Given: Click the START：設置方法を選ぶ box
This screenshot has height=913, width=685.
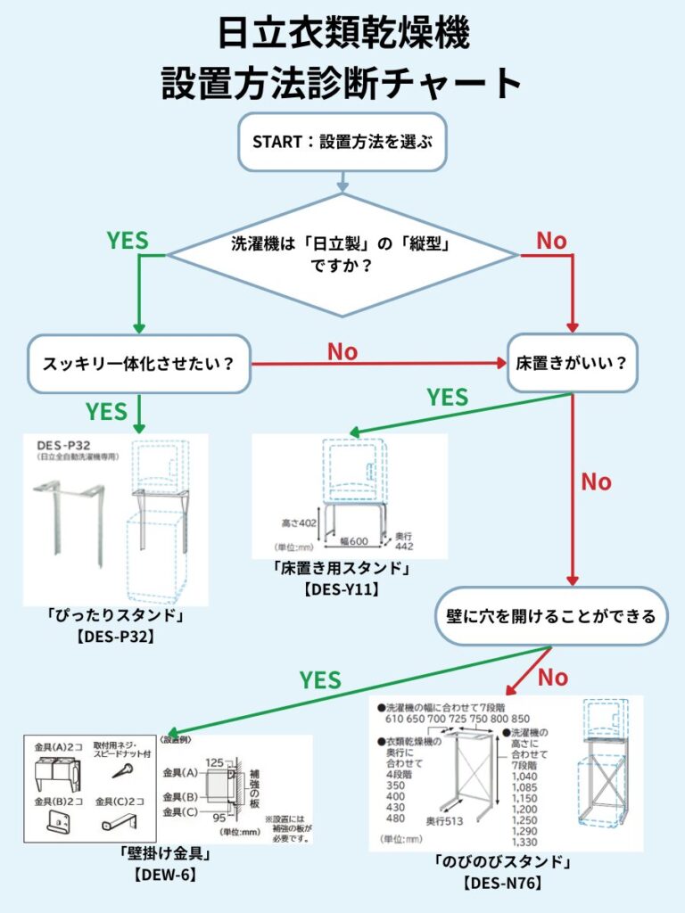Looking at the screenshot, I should pos(342,141).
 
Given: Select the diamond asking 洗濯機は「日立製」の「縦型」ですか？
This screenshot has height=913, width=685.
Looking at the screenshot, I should pos(343,255).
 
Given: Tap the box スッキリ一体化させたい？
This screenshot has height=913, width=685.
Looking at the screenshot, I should pos(138,364).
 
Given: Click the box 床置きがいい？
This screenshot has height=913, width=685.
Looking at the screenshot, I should pos(573,364).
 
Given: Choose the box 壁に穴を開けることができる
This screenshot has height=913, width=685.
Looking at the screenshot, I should pos(551,615).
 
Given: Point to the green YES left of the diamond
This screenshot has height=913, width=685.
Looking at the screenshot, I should pos(128,240).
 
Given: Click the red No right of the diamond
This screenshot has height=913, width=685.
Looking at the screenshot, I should pos(551,240).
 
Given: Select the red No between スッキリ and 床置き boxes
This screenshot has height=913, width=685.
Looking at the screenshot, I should pos(342,351).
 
